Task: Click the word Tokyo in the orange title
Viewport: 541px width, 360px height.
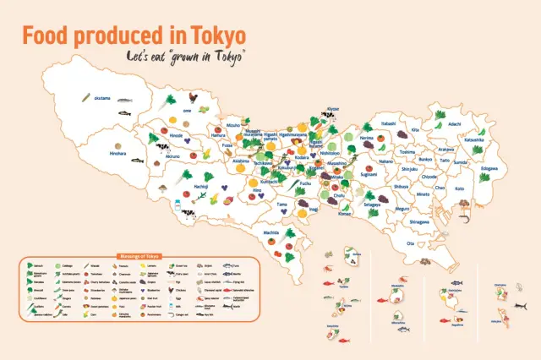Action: [x=216, y=36]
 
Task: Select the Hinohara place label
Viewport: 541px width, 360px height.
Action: [x=117, y=154]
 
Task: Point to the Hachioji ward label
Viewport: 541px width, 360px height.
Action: [x=201, y=185]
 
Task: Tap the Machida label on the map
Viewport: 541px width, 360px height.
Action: [x=270, y=232]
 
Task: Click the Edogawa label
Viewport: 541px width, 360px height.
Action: [x=489, y=167]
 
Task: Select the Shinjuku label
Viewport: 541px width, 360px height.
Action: [x=410, y=168]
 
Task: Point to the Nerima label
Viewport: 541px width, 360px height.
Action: [x=366, y=137]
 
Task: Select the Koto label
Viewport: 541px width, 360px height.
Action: [x=459, y=188]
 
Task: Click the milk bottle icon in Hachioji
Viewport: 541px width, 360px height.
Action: [x=179, y=205]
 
